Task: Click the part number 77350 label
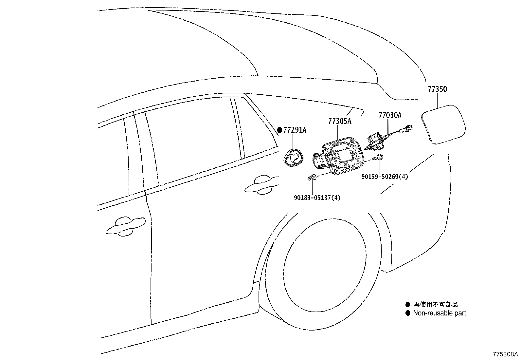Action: (437, 89)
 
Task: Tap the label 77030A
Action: (389, 115)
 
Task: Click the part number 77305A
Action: (340, 122)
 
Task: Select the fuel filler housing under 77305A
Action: (340, 156)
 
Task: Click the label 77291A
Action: (295, 130)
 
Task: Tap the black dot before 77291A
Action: (279, 130)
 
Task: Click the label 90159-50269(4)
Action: (385, 177)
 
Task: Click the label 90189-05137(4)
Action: (317, 198)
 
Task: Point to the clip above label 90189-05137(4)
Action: (312, 178)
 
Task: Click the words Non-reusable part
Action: (439, 313)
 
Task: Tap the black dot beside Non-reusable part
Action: (407, 313)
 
